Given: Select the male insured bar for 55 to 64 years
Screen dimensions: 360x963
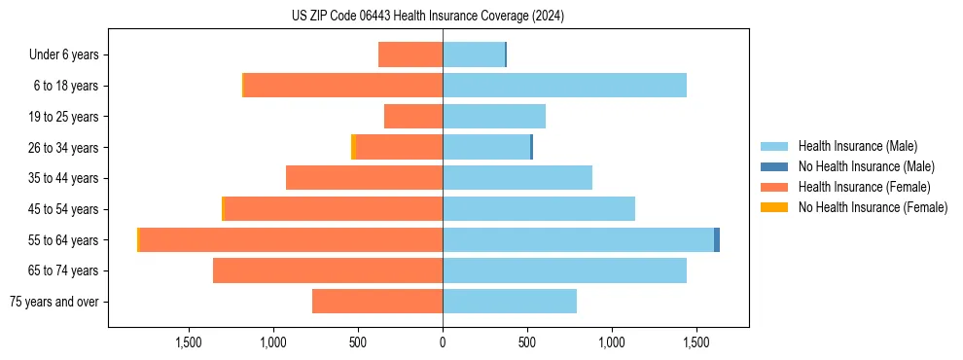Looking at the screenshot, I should (x=578, y=239).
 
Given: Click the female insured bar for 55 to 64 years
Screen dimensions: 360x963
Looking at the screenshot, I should (x=291, y=239).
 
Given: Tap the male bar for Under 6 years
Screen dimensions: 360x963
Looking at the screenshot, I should (x=473, y=54).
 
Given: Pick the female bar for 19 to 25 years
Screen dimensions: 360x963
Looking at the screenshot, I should (x=413, y=117).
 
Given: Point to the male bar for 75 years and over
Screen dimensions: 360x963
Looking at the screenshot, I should (x=510, y=302).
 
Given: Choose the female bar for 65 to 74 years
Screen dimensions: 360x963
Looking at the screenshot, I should (x=328, y=270).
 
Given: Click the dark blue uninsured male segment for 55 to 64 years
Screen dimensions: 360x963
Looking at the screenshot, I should (x=717, y=239).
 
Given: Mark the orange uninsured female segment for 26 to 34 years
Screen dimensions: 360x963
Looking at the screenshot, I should (x=353, y=147).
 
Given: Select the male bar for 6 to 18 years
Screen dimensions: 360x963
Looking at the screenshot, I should (x=564, y=86).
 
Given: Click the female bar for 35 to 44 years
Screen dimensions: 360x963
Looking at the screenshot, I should (x=364, y=178).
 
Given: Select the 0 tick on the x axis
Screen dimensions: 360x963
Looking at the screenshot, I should (x=443, y=342).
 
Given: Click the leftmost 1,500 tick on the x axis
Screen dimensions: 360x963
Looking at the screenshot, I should (x=188, y=342).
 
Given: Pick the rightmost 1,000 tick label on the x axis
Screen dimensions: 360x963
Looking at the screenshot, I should (x=612, y=342).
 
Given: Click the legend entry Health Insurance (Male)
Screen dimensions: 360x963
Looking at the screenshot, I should (x=857, y=146).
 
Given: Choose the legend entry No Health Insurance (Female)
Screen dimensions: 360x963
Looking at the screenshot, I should (x=873, y=207).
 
